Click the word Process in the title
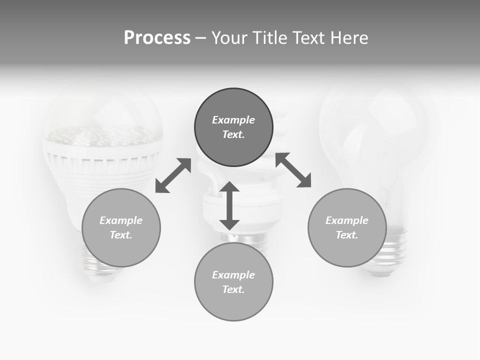(x=157, y=38)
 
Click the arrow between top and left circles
(x=173, y=175)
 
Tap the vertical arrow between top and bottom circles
(x=229, y=206)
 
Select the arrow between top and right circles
(x=293, y=170)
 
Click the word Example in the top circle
(x=233, y=120)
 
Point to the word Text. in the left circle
(x=121, y=235)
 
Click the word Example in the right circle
(x=347, y=220)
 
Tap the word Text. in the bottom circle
(x=233, y=289)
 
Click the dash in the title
(x=200, y=38)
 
